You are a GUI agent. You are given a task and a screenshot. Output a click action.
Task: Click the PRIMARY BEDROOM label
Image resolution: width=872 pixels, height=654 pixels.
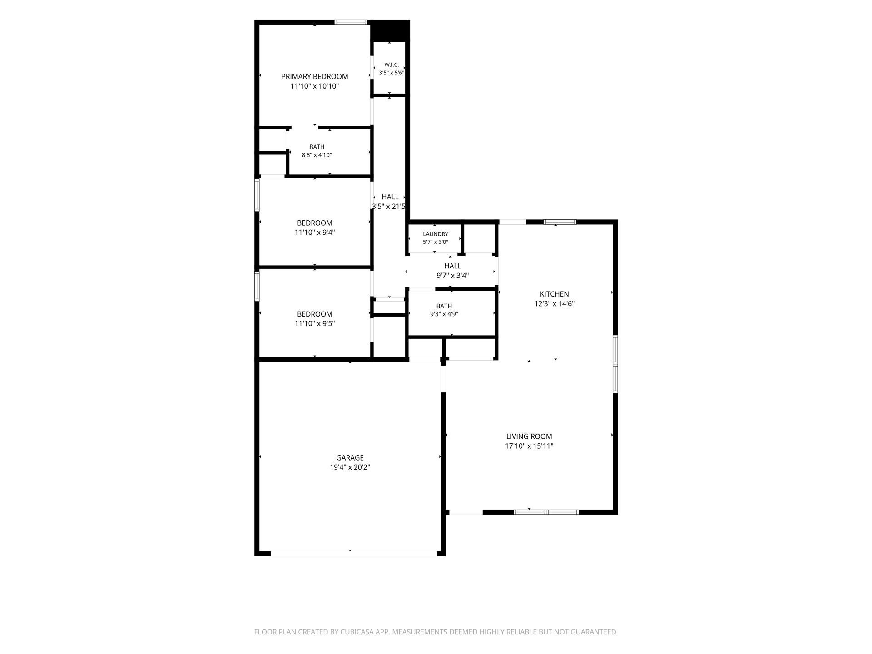(x=314, y=76)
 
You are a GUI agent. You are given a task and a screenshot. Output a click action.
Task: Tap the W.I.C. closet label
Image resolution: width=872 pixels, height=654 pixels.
(x=391, y=64)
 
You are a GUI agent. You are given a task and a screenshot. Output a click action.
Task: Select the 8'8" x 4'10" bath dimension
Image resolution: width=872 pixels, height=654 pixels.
(x=317, y=155)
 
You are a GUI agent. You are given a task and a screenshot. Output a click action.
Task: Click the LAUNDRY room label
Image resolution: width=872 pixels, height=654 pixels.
(x=435, y=234)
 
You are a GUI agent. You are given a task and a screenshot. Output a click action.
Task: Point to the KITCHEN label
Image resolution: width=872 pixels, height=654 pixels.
(x=554, y=294)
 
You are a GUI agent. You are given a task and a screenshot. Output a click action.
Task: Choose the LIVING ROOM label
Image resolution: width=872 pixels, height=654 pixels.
(x=529, y=436)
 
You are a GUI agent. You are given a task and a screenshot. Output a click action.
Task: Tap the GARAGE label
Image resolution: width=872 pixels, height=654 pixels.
(x=350, y=458)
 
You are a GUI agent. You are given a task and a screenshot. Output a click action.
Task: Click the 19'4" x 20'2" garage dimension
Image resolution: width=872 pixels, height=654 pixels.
(x=350, y=467)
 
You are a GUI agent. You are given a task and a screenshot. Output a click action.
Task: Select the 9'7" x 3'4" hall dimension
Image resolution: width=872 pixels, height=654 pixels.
(x=452, y=275)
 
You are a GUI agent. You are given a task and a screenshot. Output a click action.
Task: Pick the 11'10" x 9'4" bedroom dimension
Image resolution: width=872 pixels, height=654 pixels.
(x=314, y=233)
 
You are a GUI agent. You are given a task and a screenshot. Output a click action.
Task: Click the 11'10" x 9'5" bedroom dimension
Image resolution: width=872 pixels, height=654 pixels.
(x=314, y=324)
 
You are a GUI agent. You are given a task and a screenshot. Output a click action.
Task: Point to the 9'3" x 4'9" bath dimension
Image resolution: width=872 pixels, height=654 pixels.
(x=444, y=314)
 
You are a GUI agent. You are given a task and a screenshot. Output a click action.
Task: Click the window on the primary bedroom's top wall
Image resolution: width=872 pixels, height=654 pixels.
(x=351, y=22)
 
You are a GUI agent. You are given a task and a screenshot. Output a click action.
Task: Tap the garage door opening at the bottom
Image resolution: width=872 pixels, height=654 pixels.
(x=354, y=554)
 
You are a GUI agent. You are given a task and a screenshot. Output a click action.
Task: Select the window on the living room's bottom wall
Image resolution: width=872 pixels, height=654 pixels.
(x=546, y=512)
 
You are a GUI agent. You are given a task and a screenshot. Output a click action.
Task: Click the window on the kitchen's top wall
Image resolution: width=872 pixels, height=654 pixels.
(x=560, y=222)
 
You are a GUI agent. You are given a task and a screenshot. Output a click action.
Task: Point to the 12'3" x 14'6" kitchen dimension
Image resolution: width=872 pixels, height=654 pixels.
(x=554, y=304)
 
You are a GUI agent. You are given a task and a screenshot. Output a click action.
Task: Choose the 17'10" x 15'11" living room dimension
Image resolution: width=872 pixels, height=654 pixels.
(x=529, y=446)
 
